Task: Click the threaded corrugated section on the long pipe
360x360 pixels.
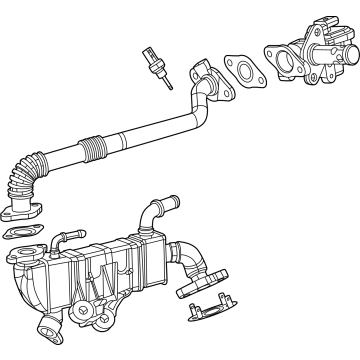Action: pyautogui.click(x=94, y=148)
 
